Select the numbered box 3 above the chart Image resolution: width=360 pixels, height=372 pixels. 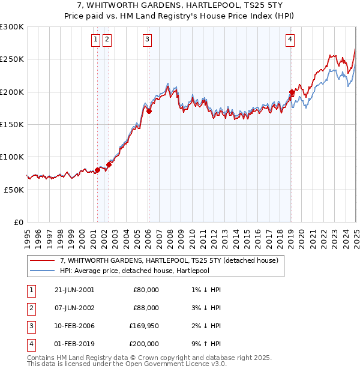pyautogui.click(x=147, y=40)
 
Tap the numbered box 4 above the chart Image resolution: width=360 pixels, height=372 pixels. pyautogui.click(x=290, y=40)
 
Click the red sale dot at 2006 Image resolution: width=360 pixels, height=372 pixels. pyautogui.click(x=149, y=111)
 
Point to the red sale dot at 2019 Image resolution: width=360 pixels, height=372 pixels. pyautogui.click(x=292, y=92)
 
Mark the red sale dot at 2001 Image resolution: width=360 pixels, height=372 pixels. pyautogui.click(x=97, y=170)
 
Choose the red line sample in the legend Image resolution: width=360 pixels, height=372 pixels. pyautogui.click(x=41, y=261)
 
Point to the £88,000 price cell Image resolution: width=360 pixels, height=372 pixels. pyautogui.click(x=146, y=308)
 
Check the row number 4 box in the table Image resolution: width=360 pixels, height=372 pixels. pyautogui.click(x=29, y=344)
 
